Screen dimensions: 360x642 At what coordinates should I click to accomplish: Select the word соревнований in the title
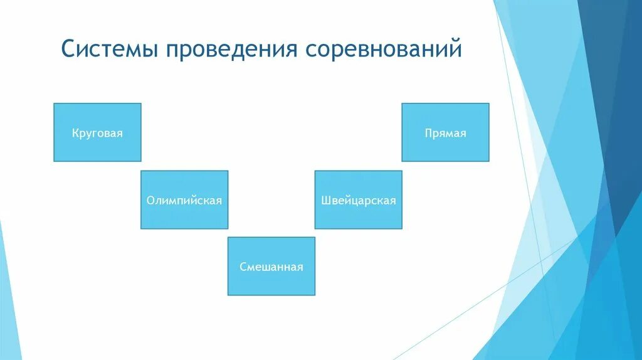pos(384,50)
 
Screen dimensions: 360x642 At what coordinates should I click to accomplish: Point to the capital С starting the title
pos(67,50)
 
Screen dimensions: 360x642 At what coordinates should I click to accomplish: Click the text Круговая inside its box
pos(97,134)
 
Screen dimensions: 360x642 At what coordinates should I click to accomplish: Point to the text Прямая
pos(445,134)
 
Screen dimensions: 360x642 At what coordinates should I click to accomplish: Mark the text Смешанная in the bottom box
pos(271,267)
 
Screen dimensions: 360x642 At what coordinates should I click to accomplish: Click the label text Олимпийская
pos(184,201)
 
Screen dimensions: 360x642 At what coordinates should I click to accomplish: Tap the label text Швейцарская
pos(358,201)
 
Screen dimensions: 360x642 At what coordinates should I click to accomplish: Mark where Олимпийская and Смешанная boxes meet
pos(228,233)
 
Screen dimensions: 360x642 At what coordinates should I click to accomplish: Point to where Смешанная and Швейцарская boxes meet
pos(315,233)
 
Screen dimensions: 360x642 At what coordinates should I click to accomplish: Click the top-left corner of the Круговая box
pos(54,103)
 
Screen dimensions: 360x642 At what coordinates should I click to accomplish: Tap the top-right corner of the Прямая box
pos(489,103)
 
